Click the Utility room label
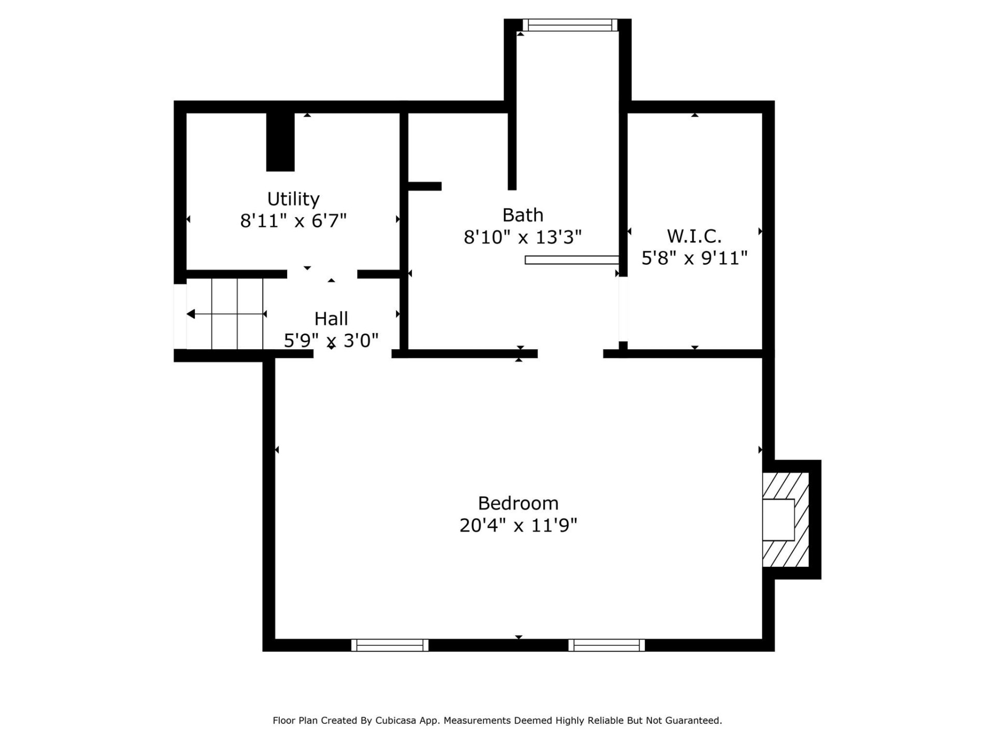[x=293, y=199]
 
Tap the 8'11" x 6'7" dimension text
[x=293, y=221]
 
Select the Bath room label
[x=522, y=215]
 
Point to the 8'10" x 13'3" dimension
[x=522, y=237]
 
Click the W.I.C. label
[x=694, y=236]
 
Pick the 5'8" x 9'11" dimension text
[x=694, y=258]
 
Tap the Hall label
[x=331, y=319]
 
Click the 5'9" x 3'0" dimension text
[x=331, y=340]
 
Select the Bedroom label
[x=518, y=503]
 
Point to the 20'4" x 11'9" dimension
[x=518, y=525]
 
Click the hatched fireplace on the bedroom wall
[x=785, y=520]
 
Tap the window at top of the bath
[x=570, y=25]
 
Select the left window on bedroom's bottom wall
[x=390, y=645]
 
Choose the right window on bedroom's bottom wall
[x=606, y=645]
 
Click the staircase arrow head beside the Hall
[x=191, y=314]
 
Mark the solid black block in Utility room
[x=280, y=142]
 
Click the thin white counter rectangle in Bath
[x=572, y=260]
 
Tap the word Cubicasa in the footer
[x=396, y=721]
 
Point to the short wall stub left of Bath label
[x=424, y=186]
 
